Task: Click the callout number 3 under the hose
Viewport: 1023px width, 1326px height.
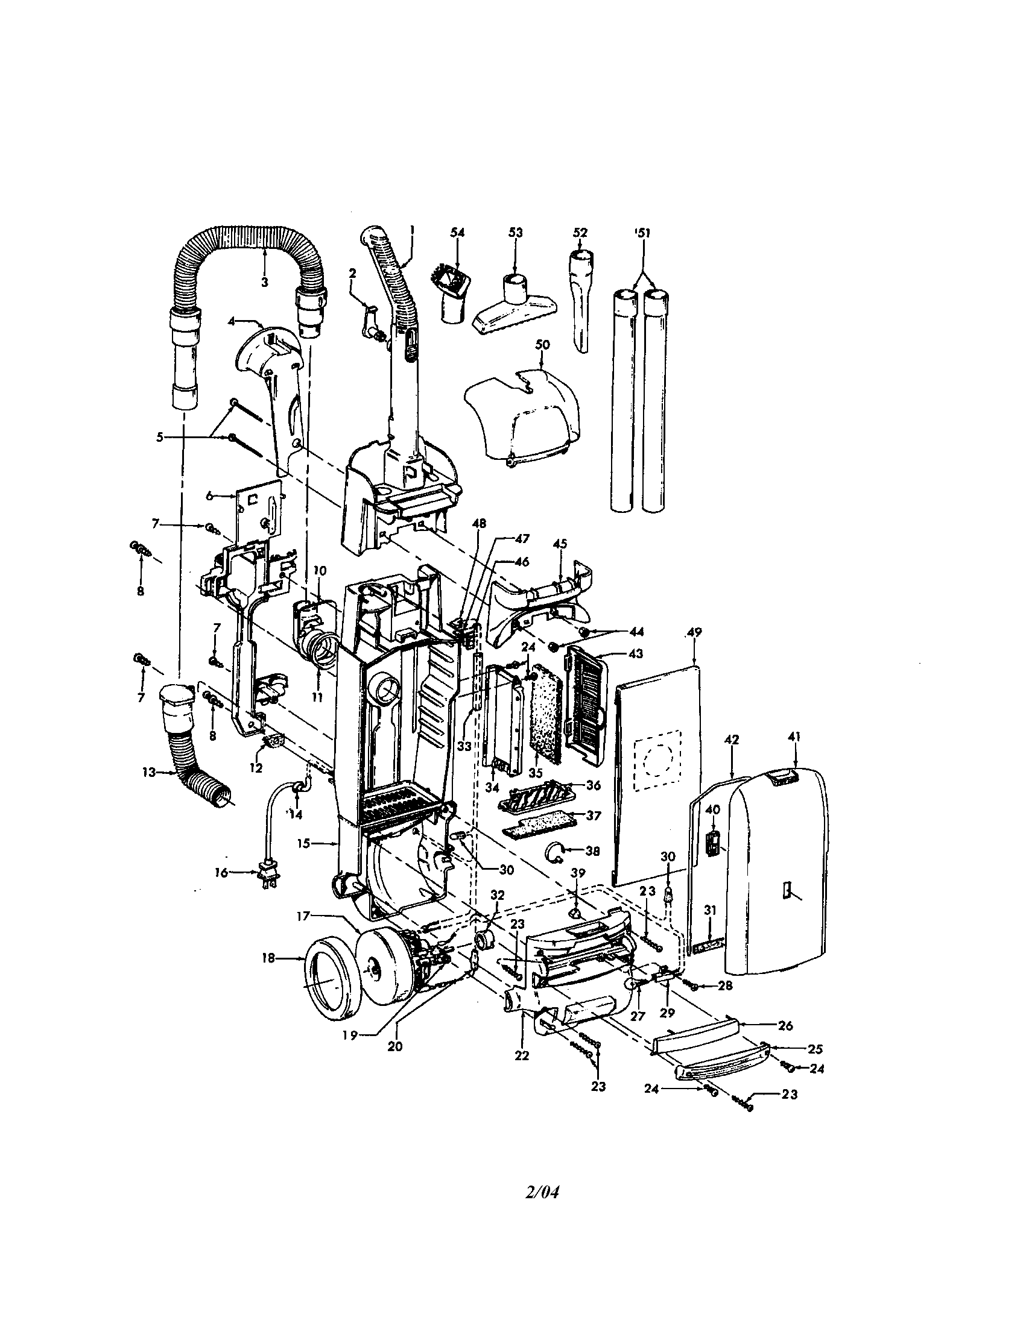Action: (x=265, y=281)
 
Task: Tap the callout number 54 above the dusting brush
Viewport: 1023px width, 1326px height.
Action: (x=457, y=233)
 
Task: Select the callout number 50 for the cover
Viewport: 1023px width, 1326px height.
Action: (x=542, y=345)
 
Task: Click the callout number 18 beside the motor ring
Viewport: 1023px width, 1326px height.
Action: (x=268, y=959)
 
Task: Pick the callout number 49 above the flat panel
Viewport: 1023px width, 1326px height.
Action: (x=694, y=632)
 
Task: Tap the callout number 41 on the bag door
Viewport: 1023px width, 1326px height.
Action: (x=794, y=737)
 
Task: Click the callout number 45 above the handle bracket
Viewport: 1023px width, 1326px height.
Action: (x=560, y=544)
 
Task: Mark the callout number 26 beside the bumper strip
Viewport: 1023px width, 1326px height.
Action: (x=785, y=1025)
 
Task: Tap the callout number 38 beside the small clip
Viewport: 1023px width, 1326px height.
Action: (x=593, y=851)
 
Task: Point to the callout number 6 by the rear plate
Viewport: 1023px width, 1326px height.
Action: (x=209, y=495)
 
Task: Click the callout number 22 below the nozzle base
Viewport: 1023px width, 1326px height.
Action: (x=521, y=1055)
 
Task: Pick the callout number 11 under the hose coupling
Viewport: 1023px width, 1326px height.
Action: (x=317, y=698)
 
